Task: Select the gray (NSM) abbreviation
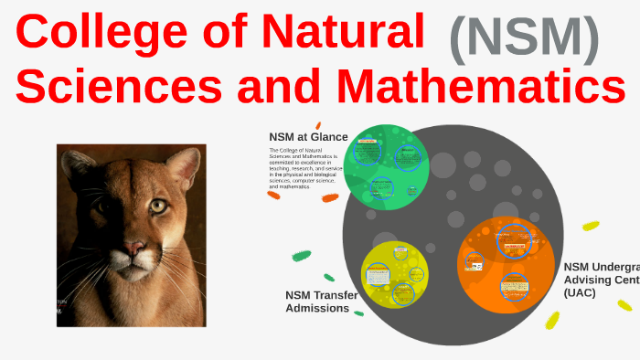(524, 38)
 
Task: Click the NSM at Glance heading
(308, 137)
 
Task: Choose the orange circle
(506, 263)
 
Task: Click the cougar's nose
(133, 247)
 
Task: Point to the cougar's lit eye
(159, 206)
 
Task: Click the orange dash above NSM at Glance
(317, 125)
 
